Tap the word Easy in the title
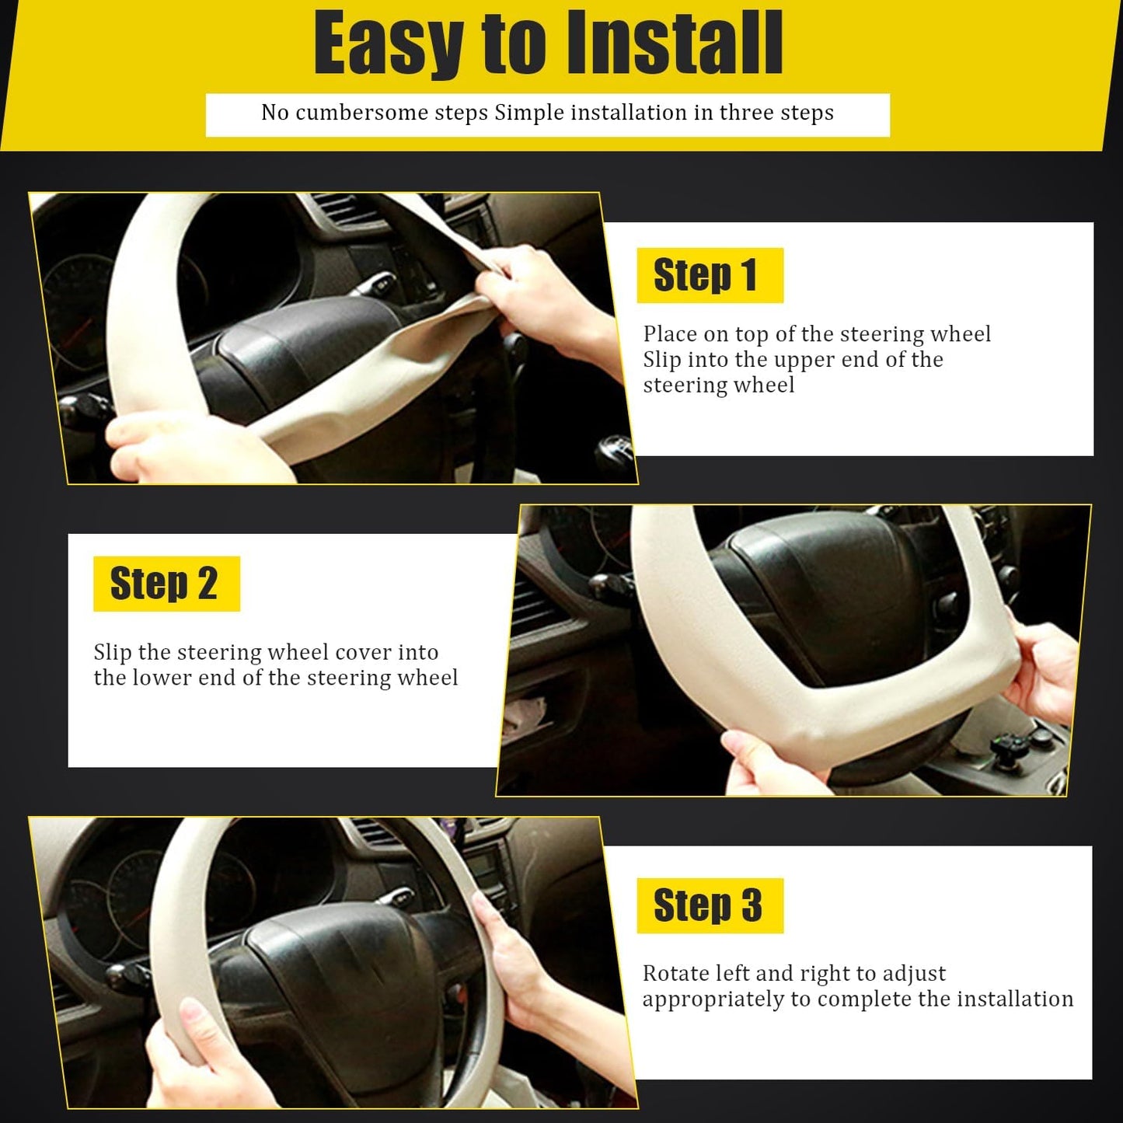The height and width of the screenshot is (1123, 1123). [388, 44]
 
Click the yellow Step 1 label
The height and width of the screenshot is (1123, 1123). [710, 275]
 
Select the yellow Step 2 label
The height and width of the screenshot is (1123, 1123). [166, 584]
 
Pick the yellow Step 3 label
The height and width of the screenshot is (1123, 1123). [710, 905]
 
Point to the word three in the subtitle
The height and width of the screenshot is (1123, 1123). [746, 113]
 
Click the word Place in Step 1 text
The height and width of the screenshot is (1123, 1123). [670, 334]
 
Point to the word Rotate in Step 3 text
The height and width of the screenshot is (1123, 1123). [675, 974]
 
